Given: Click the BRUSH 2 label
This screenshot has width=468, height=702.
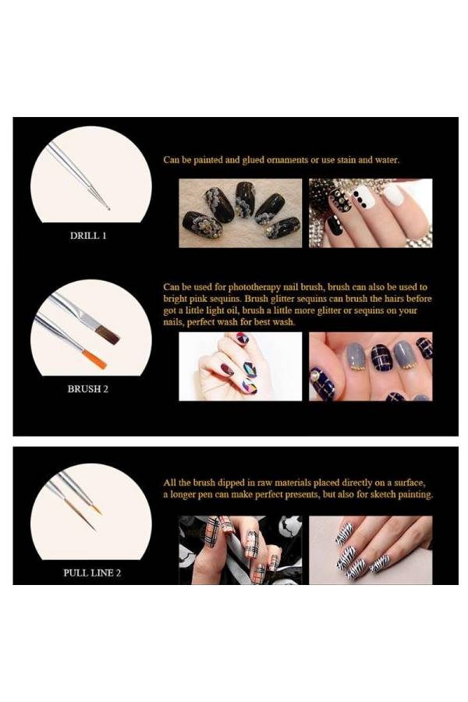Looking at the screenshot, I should (x=87, y=388).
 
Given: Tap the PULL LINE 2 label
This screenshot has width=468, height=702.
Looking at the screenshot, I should (x=91, y=573).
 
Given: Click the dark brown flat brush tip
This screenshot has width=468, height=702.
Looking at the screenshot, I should (x=108, y=335).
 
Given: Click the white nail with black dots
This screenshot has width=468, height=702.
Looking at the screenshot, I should (x=363, y=197).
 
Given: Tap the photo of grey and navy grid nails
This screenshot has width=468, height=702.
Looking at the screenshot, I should (x=370, y=367).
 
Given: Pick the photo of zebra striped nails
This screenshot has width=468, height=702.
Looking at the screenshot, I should (x=370, y=550).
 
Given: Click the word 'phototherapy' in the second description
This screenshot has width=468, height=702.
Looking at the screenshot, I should (x=243, y=287).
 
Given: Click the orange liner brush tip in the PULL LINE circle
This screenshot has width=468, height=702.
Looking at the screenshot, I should (x=97, y=510).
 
